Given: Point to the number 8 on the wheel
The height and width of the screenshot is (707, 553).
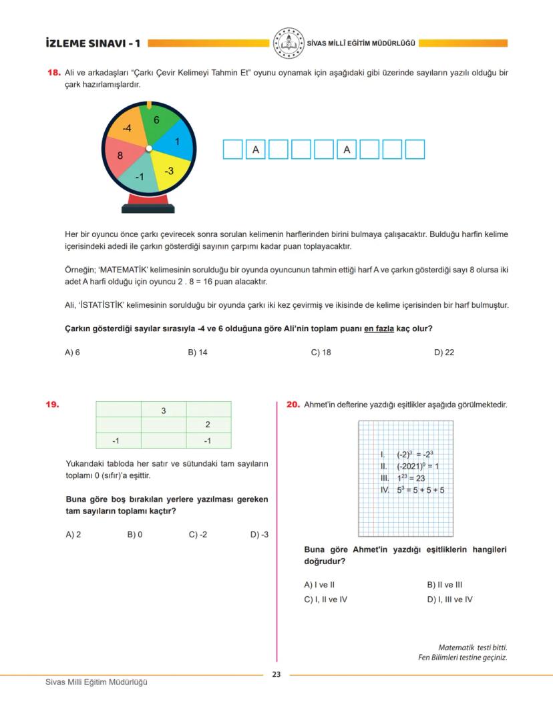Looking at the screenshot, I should point(120,156).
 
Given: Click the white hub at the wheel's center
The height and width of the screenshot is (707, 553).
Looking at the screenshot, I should point(149,148).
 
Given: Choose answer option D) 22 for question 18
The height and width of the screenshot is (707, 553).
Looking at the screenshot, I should point(444,352).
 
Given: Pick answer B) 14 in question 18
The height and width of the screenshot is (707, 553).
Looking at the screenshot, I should point(198,352).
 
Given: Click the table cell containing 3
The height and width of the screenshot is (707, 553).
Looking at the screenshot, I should point(164,410).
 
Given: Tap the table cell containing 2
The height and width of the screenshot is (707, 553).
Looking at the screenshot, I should point(208,425).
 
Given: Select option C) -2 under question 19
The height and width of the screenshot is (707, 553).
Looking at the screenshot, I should point(198,534).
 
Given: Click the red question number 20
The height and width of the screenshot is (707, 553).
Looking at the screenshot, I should point(293,405).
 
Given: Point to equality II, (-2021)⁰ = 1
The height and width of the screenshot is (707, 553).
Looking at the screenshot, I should point(409,466).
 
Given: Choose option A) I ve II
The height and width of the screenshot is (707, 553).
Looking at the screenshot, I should point(319,584).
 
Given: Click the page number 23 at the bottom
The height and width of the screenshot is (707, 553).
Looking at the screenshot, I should point(276,674).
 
